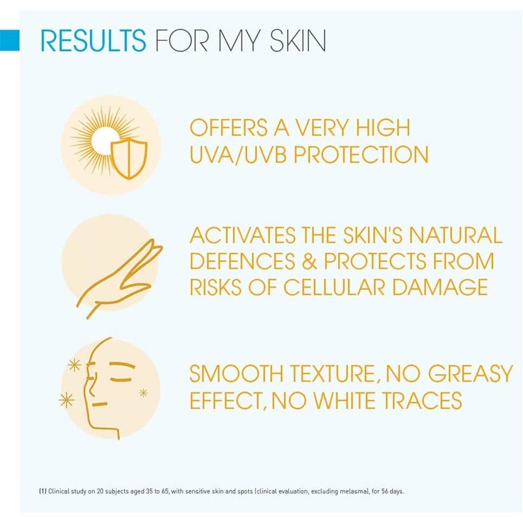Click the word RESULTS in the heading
point(93,40)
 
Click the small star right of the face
point(143,392)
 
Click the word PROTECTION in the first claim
point(361,154)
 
